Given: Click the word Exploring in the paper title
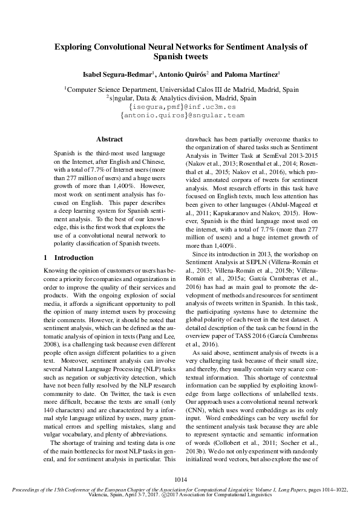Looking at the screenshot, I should click(x=73, y=46).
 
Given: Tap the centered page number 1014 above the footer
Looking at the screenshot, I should click(x=180, y=480).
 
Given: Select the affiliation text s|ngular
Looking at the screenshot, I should click(x=125, y=97).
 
